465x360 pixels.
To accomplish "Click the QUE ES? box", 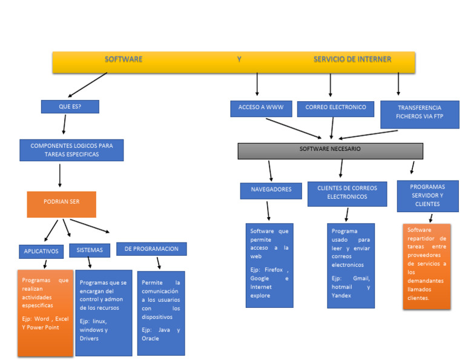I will pyautogui.click(x=70, y=107).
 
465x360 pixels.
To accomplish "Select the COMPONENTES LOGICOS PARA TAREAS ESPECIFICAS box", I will pyautogui.click(x=71, y=150).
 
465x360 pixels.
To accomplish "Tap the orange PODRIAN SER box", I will pyautogui.click(x=61, y=204).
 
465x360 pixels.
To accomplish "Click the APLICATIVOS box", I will pyautogui.click(x=41, y=251).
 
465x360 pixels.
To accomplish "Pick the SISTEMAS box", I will pyautogui.click(x=90, y=250).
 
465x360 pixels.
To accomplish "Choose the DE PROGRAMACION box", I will pyautogui.click(x=151, y=249).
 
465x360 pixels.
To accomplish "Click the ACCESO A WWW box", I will pyautogui.click(x=261, y=108).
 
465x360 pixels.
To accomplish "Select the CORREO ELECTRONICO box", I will pyautogui.click(x=335, y=108).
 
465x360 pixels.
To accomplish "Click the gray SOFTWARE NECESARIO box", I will pyautogui.click(x=330, y=150).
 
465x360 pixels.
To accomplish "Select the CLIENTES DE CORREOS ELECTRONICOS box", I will pyautogui.click(x=347, y=193).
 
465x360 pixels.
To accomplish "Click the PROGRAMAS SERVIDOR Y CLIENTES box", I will pyautogui.click(x=427, y=196).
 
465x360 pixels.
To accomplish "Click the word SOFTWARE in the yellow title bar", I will pyautogui.click(x=124, y=59).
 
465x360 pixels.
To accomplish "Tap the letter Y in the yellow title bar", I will pyautogui.click(x=239, y=59).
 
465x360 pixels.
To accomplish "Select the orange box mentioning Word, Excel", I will pyautogui.click(x=45, y=312).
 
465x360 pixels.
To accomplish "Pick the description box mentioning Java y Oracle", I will pyautogui.click(x=160, y=313).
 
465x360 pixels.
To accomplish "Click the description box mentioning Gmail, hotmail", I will pyautogui.click(x=351, y=265).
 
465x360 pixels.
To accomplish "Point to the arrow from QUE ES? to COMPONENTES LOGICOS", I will pyautogui.click(x=64, y=124).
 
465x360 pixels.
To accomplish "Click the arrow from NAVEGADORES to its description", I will pyautogui.click(x=268, y=210).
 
